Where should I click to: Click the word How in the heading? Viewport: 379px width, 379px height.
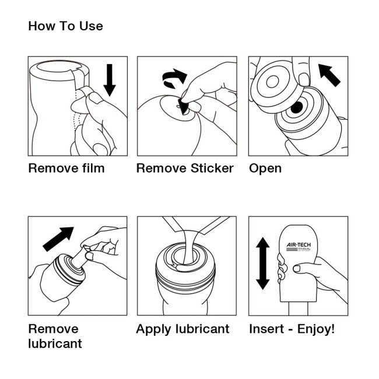coord(40,26)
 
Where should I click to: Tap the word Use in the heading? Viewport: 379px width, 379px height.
coord(90,26)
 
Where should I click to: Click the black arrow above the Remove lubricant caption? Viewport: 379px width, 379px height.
coord(59,238)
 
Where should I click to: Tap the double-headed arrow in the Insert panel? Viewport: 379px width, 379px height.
coord(263,264)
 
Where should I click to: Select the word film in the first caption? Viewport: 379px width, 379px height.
coord(92,169)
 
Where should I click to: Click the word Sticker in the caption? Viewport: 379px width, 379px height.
coord(212,169)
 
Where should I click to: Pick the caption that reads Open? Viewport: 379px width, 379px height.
coord(265,169)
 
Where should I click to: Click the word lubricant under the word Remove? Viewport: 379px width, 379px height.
coord(55,343)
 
